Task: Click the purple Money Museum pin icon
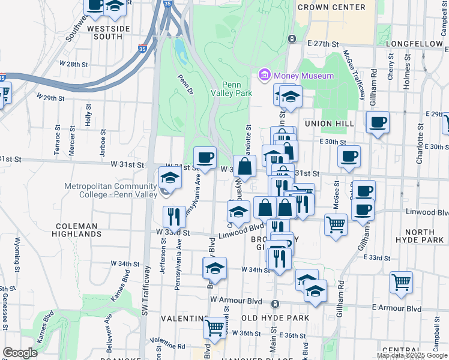tap(264, 76)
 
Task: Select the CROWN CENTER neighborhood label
tap(331, 7)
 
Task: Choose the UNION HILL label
tap(327, 123)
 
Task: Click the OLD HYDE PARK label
tap(275, 317)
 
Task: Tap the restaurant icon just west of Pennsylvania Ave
tap(174, 216)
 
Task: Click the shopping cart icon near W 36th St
tap(214, 328)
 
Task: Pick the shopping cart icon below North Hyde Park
tap(401, 281)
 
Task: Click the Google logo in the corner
tap(20, 353)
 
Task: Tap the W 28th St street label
tap(74, 64)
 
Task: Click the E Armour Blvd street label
tap(396, 308)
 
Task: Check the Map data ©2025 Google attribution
tap(412, 355)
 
